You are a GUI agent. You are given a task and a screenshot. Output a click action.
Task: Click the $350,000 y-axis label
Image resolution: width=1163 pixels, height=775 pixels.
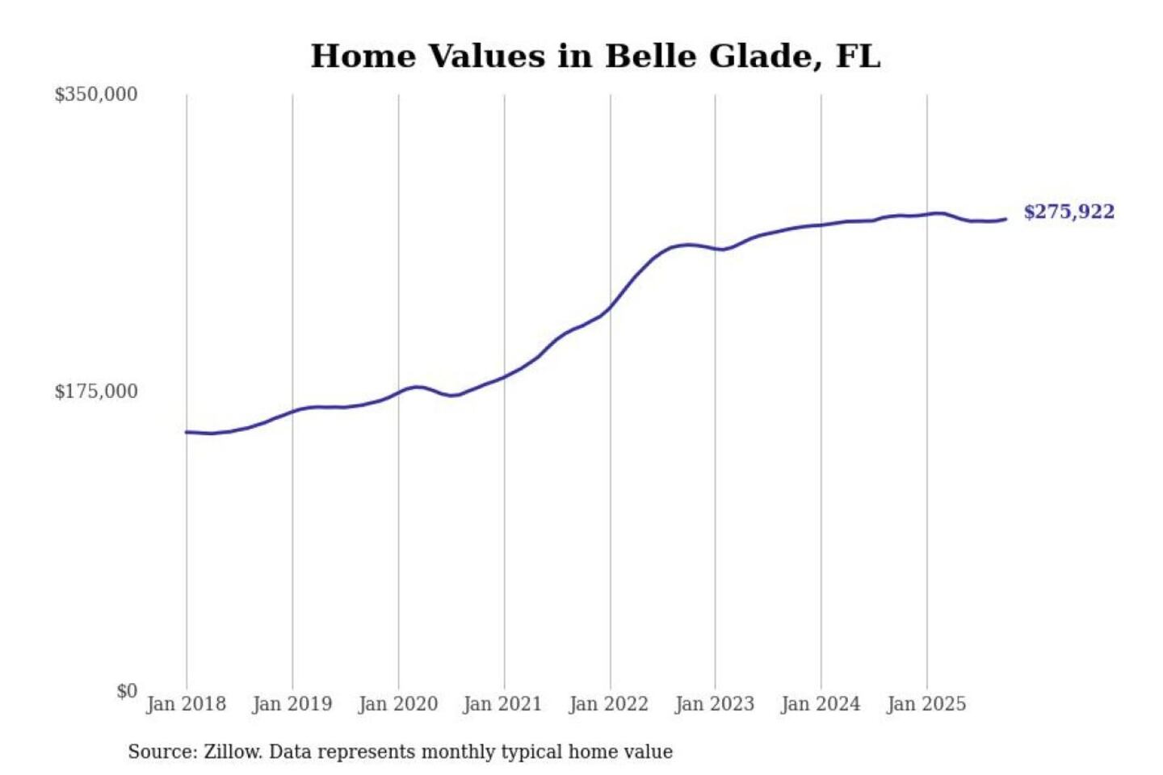[96, 94]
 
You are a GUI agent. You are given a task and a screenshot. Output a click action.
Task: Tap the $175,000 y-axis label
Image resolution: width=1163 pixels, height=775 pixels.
[96, 392]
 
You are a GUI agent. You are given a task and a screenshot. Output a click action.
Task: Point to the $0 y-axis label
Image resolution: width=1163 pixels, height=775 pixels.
[127, 691]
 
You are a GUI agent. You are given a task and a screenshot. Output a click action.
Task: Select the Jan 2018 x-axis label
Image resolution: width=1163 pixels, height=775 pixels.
[186, 704]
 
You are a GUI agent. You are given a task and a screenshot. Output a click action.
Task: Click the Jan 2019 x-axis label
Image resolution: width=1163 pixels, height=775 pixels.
[292, 704]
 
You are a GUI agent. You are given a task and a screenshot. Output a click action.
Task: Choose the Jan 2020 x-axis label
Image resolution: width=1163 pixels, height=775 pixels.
[397, 704]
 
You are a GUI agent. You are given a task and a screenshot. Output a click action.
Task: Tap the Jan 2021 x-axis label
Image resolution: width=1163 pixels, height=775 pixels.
[502, 704]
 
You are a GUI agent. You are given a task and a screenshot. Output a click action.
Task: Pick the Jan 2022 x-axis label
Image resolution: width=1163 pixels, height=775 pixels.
[608, 704]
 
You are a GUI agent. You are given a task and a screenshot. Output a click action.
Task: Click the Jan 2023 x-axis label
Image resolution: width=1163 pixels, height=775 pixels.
[714, 704]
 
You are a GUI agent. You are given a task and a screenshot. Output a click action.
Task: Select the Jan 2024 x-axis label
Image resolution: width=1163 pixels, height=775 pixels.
[821, 704]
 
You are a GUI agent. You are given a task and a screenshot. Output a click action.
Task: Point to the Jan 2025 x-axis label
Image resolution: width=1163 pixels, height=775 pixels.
[926, 704]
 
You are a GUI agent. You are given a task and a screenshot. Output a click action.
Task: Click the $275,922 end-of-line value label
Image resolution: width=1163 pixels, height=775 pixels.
[1069, 212]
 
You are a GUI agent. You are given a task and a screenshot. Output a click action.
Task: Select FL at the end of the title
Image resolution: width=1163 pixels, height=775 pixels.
[858, 57]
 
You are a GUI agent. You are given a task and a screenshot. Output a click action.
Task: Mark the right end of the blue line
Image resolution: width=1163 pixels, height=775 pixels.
[1006, 219]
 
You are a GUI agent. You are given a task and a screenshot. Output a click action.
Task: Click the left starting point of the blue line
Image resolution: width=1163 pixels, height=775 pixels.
[187, 432]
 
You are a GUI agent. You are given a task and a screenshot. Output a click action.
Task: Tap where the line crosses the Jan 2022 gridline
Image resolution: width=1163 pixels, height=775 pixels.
[611, 306]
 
